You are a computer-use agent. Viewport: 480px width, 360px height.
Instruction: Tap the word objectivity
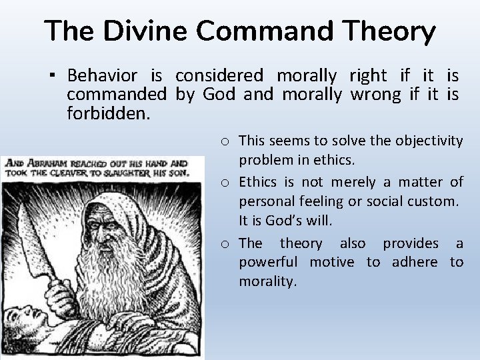pyautogui.click(x=428, y=140)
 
